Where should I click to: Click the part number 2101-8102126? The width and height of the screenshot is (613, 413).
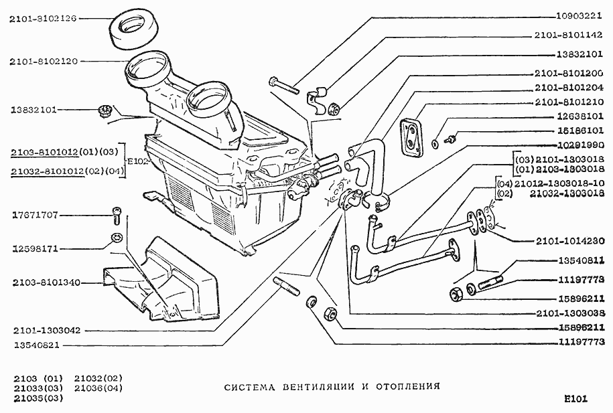43,19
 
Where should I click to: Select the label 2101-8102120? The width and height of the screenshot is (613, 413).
43,61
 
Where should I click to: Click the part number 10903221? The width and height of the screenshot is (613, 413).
575,15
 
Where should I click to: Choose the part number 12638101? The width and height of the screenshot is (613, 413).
575,116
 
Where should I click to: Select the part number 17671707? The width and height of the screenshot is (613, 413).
35,215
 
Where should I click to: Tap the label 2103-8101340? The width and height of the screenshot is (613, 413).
46,282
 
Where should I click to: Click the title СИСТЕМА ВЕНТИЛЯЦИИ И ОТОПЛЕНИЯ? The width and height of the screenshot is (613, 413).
332,387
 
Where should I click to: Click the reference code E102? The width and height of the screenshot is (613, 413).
138,161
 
